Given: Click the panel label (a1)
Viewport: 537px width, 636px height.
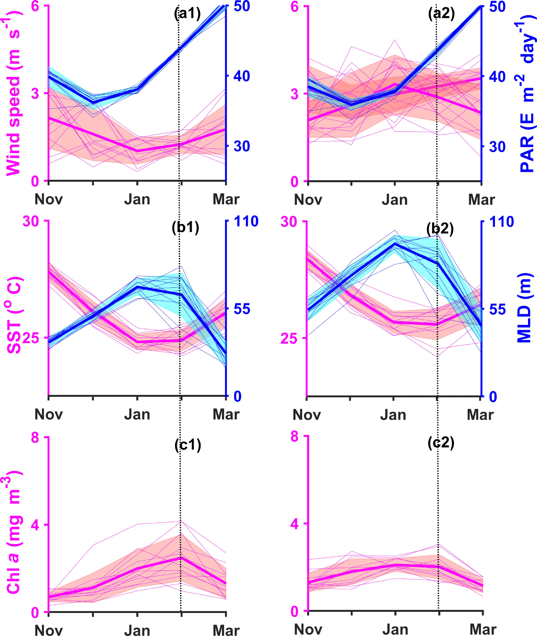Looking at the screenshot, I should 187,14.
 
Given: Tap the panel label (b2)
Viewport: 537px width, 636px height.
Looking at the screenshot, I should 440,229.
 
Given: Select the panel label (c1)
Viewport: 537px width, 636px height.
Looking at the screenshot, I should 188,445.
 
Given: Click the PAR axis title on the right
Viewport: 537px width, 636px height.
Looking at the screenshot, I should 527,94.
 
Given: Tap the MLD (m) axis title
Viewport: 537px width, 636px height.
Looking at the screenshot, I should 524,308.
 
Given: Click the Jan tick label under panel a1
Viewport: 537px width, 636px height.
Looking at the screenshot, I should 137,199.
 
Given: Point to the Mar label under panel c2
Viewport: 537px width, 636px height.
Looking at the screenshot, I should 483,629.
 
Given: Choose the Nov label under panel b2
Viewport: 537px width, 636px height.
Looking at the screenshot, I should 307,415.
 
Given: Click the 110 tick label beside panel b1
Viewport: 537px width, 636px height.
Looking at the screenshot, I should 246,221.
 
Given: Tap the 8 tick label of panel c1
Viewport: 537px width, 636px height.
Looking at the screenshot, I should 35,438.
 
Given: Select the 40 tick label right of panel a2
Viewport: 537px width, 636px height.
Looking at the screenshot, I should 497,76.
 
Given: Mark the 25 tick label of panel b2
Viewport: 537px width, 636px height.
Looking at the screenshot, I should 289,338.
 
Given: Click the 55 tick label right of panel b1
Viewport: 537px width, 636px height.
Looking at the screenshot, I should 242,309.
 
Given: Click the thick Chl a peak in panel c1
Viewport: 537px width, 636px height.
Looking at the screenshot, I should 181,558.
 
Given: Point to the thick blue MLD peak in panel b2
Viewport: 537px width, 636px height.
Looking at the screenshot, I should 394,244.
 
